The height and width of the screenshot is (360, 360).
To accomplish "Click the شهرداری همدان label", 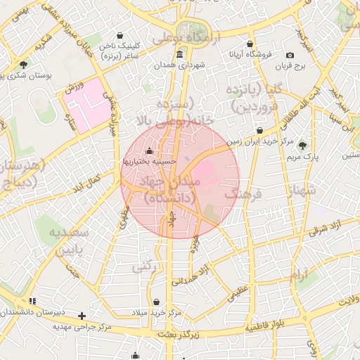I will coord(181,65).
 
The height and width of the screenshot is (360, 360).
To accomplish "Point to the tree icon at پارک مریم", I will coord(303,146).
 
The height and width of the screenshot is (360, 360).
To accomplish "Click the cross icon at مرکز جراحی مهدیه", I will coord(82,316).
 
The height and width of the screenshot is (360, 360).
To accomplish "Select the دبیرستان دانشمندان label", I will coord(41,311).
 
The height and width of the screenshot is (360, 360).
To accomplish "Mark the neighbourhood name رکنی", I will coord(143,266).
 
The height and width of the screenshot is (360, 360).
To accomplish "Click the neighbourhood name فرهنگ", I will coord(245,192).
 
